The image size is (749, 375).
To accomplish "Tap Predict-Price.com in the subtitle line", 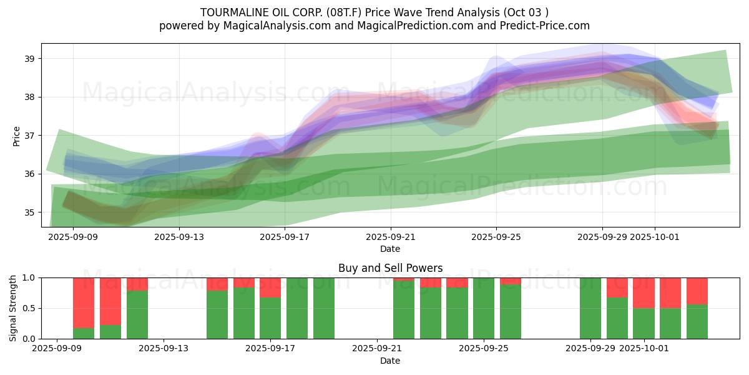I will point(549,26).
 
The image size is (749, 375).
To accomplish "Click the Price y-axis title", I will point(16,136).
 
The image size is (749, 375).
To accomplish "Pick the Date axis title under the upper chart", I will point(390,249).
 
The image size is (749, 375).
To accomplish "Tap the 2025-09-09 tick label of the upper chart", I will point(74,237).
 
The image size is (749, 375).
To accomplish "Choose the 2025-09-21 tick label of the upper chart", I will point(391,237).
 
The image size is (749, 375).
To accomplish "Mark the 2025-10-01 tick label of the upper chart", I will point(655,237).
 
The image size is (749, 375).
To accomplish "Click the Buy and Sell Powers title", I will point(390,268).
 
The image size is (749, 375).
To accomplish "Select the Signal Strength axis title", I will point(13,307).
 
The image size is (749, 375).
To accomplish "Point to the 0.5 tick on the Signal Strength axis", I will point(29,308).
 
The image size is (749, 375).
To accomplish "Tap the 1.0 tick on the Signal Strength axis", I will point(29,277).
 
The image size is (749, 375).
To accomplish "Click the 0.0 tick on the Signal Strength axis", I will point(29,339).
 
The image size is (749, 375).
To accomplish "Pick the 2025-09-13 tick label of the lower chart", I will point(164,349).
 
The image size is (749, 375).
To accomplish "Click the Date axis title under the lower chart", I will point(390,361).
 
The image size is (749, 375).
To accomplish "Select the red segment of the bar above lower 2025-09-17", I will point(270,287).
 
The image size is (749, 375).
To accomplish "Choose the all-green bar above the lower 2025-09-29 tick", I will point(590,308).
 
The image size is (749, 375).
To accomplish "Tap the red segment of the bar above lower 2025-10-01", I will point(644,292).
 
